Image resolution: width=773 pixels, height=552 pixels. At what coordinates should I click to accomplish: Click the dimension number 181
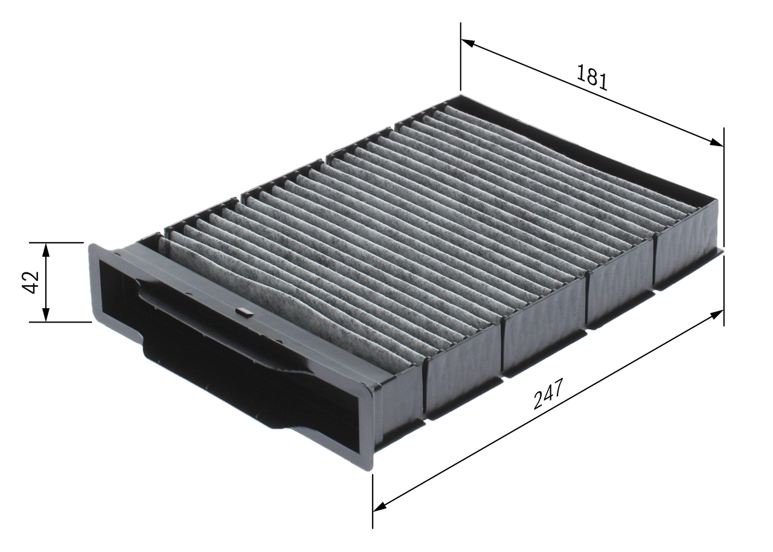coord(592,77)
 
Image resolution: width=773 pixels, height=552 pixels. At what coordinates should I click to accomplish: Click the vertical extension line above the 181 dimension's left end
coord(460,60)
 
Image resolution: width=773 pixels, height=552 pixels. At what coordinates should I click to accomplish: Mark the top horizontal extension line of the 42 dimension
coord(57,243)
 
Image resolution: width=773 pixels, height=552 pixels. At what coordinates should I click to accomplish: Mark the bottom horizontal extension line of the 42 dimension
coord(57,322)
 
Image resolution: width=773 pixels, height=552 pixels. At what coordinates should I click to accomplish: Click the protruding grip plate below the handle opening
coord(242,387)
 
